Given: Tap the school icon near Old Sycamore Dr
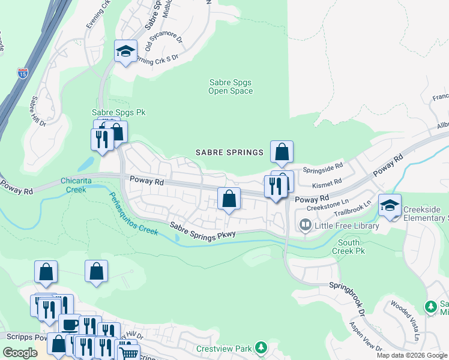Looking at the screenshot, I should click(x=126, y=52).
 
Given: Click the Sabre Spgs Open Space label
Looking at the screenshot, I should click(x=231, y=87).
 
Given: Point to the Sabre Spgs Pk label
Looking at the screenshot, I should click(x=118, y=112).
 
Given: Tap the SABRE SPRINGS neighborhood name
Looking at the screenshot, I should click(x=230, y=152).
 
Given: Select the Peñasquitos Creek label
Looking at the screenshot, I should click(x=133, y=214).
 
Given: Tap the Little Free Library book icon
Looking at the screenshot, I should click(x=306, y=226).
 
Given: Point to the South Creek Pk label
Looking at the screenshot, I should click(x=349, y=247).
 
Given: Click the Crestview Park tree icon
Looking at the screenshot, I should click(x=261, y=348).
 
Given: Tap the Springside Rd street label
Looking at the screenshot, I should click(x=322, y=167).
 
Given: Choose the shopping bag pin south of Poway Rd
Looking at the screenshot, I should click(x=229, y=199).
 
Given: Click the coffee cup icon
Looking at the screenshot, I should click(x=69, y=325).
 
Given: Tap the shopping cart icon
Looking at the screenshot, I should click(x=128, y=352).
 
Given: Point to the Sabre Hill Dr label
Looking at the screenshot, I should click(x=37, y=111).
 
